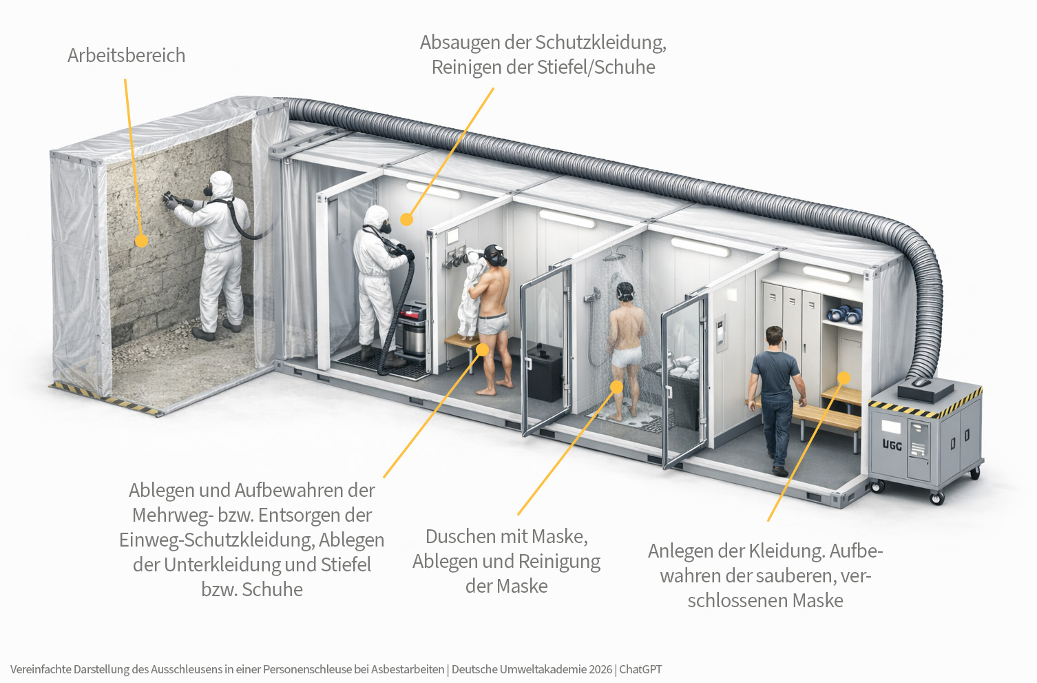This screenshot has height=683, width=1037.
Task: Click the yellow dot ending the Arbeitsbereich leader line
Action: (x=141, y=241)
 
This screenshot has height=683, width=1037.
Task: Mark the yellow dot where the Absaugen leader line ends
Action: (x=406, y=219)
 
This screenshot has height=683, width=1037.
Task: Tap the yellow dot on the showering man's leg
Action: (x=617, y=387)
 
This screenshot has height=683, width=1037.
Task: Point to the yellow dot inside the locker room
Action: (x=844, y=378)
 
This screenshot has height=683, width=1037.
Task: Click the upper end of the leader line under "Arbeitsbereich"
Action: (x=125, y=80)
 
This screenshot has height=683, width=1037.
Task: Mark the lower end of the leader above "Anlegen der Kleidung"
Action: (x=768, y=520)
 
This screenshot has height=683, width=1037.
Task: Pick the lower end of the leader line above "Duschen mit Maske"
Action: (x=518, y=514)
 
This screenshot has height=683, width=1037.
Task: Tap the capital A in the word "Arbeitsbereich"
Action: (x=74, y=56)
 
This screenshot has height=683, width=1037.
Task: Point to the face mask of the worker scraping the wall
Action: (x=208, y=190)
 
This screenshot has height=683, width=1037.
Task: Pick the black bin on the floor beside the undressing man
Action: (x=545, y=371)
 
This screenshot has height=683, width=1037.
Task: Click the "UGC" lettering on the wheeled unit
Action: (x=892, y=445)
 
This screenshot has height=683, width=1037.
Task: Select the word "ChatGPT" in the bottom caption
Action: (x=640, y=670)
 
